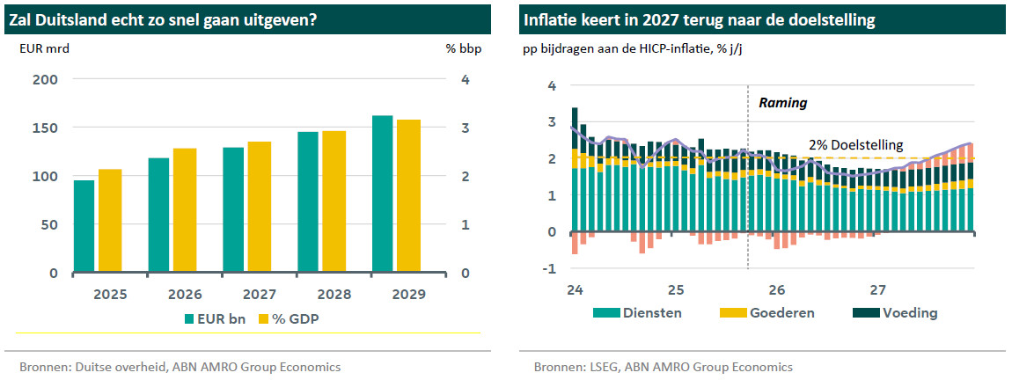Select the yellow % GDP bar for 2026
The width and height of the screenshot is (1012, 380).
tap(185, 210)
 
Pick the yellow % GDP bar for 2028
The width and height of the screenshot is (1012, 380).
tap(334, 201)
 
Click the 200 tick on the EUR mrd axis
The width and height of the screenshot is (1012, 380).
tap(45, 80)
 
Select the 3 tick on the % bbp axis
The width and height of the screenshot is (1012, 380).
tap(465, 128)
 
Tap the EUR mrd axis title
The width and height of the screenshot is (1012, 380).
tap(44, 48)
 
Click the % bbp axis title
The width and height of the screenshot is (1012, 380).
tap(463, 48)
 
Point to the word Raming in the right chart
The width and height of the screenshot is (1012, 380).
tap(782, 103)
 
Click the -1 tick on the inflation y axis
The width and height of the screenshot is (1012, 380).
tap(552, 269)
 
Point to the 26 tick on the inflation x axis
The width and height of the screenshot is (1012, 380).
tap(776, 289)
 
